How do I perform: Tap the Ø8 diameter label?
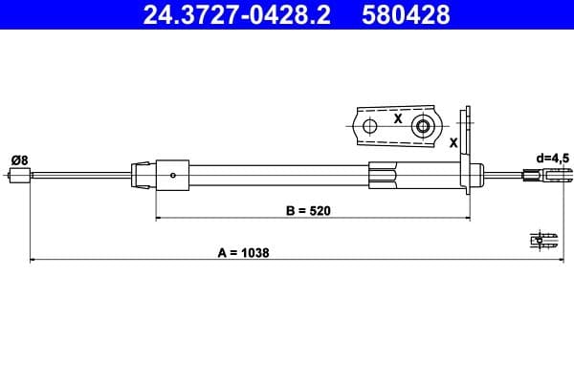coord(18,158)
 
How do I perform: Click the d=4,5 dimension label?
coord(552,158)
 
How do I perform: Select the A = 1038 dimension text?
coord(243,252)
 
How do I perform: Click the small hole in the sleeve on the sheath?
coord(172,175)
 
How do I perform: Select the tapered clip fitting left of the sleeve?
coord(143,174)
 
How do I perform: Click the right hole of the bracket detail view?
coord(421,126)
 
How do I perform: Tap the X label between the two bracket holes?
coord(396,120)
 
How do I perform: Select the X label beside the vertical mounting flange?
coord(453,141)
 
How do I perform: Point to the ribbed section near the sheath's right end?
coord(382,175)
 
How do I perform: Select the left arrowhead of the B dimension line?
coord(159,219)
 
